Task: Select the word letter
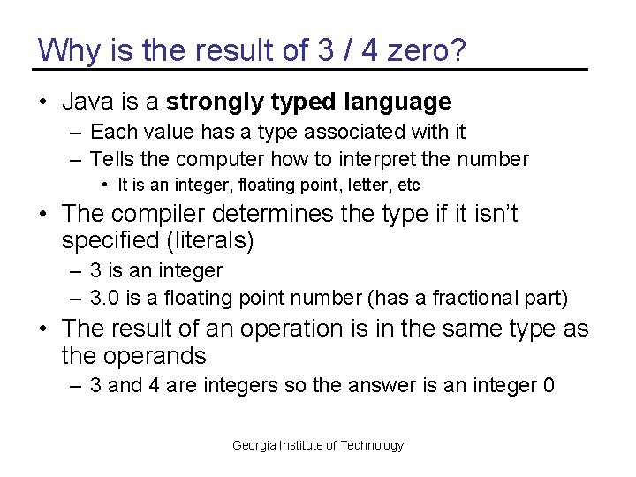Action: tap(353, 185)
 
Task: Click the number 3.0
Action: tap(105, 299)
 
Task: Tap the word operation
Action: tap(291, 329)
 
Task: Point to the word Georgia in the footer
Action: tap(254, 446)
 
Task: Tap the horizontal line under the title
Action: tap(309, 69)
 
